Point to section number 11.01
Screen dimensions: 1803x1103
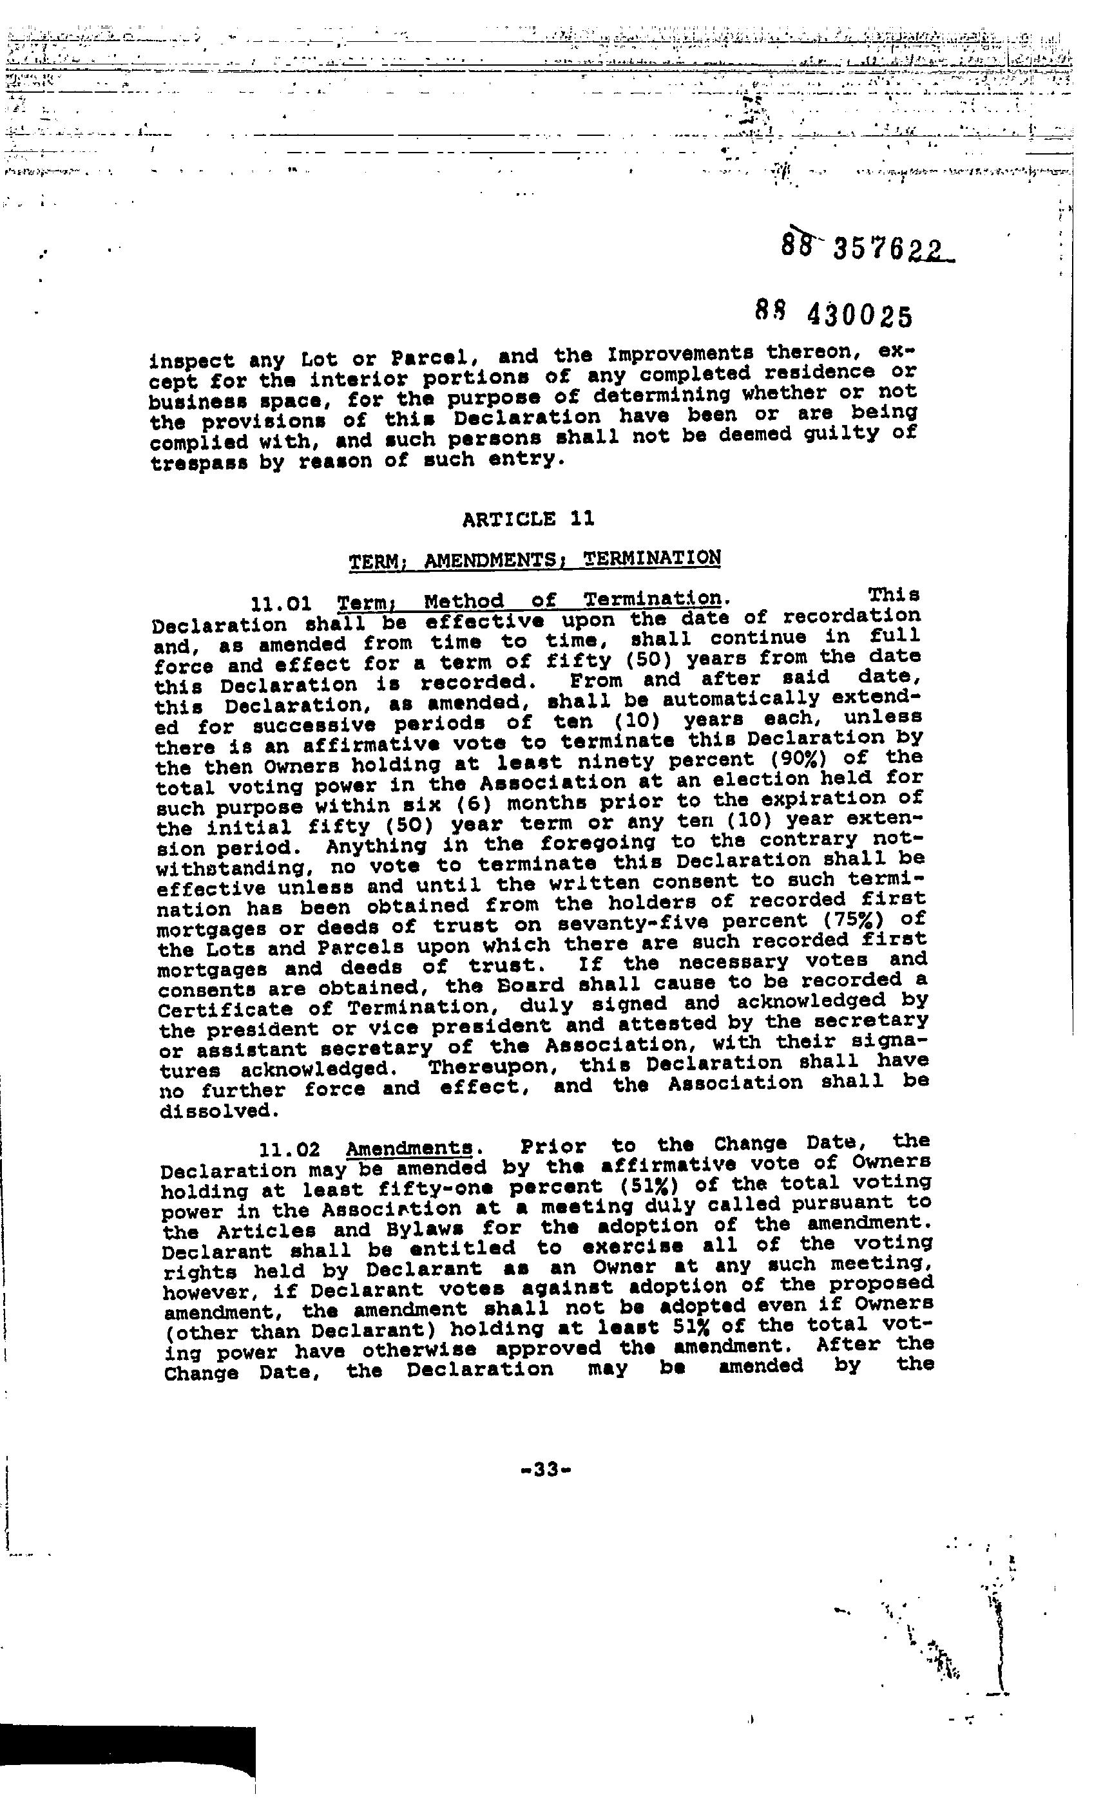coord(282,605)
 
